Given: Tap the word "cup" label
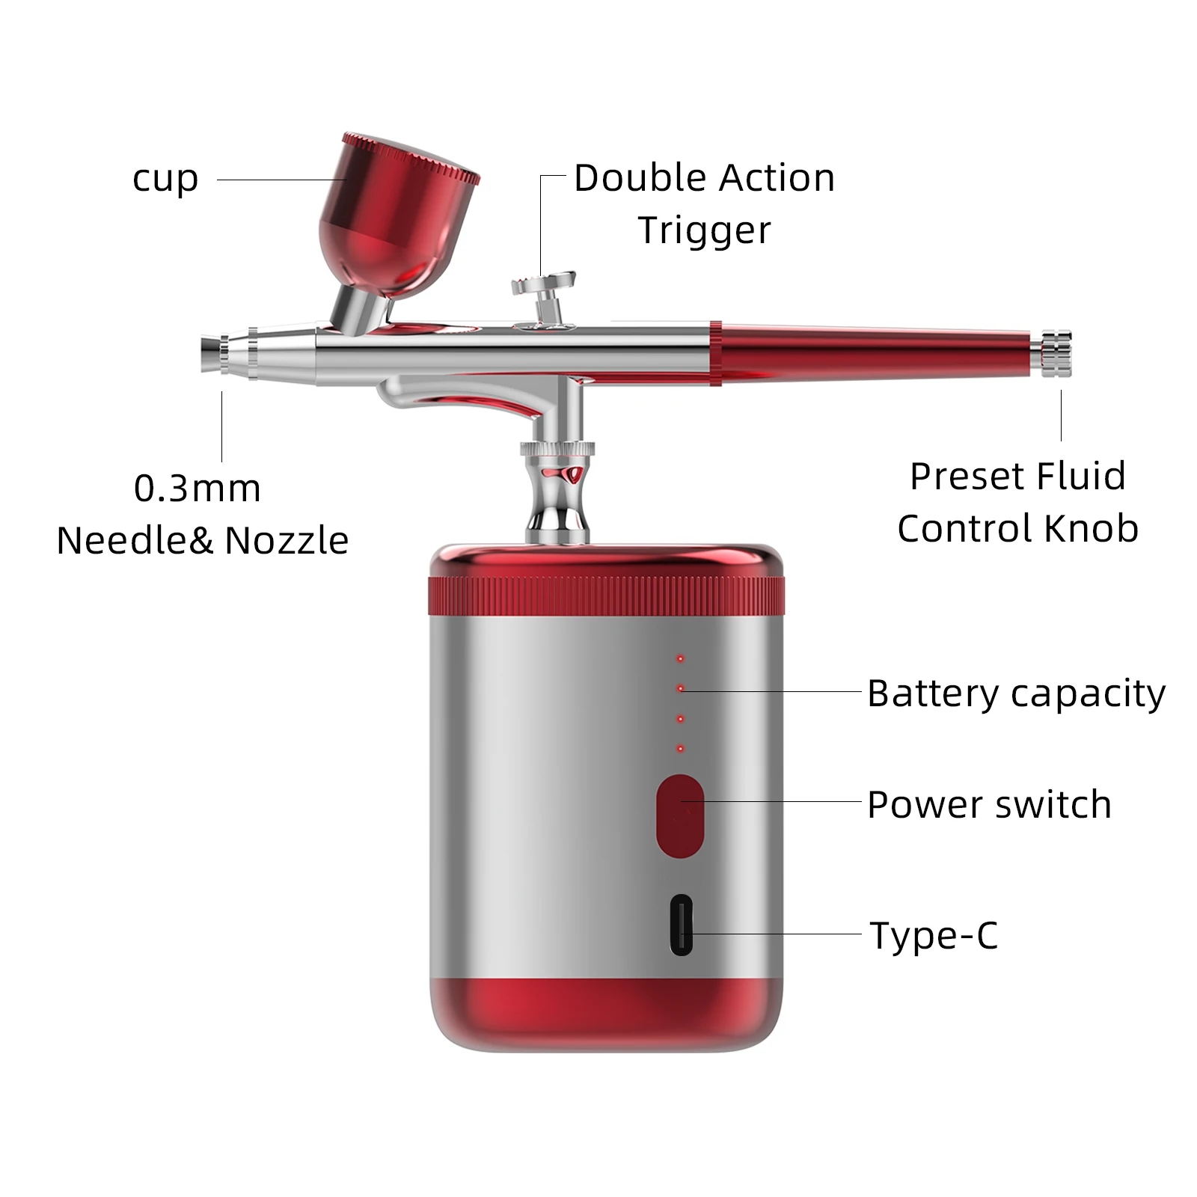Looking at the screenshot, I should pyautogui.click(x=165, y=180).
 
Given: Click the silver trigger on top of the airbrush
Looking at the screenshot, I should pyautogui.click(x=544, y=288).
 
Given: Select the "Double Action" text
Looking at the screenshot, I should pyautogui.click(x=704, y=178).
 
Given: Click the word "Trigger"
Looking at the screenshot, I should pyautogui.click(x=704, y=230).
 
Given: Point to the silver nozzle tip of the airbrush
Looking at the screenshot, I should pyautogui.click(x=213, y=355).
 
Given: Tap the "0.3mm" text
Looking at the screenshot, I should pyautogui.click(x=198, y=489).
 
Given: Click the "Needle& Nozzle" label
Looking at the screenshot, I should pyautogui.click(x=203, y=540).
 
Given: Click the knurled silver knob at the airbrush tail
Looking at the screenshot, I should pyautogui.click(x=1055, y=352).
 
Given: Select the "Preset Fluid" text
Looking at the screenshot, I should pyautogui.click(x=1017, y=476).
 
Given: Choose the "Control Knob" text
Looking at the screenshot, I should pyautogui.click(x=1017, y=528).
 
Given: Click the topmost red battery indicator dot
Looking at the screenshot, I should pyautogui.click(x=680, y=658).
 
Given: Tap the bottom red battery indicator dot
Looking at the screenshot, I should pyautogui.click(x=680, y=748).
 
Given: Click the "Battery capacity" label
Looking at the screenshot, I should pyautogui.click(x=1016, y=694).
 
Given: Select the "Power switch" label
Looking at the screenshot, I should pyautogui.click(x=989, y=805).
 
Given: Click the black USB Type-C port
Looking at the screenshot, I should pyautogui.click(x=681, y=925).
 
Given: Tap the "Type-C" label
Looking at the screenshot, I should pyautogui.click(x=934, y=935).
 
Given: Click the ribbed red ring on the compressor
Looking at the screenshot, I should pyautogui.click(x=606, y=596).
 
